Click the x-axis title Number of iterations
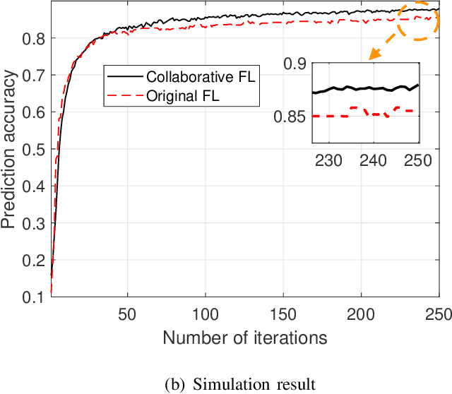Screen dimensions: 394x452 (245, 338)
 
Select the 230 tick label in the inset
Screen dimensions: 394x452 (328, 160)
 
